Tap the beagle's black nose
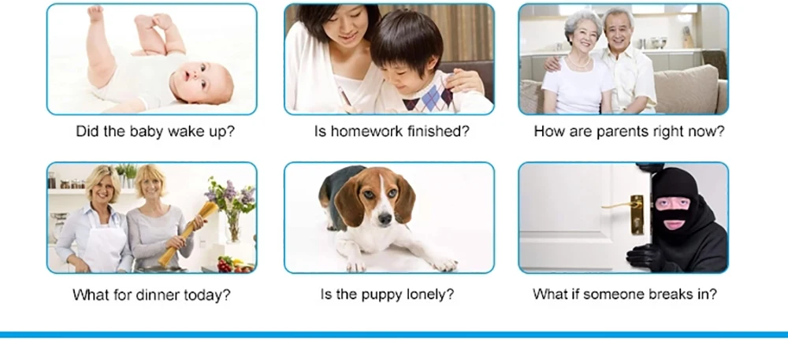(x=385, y=218)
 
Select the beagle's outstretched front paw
(x=444, y=264)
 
